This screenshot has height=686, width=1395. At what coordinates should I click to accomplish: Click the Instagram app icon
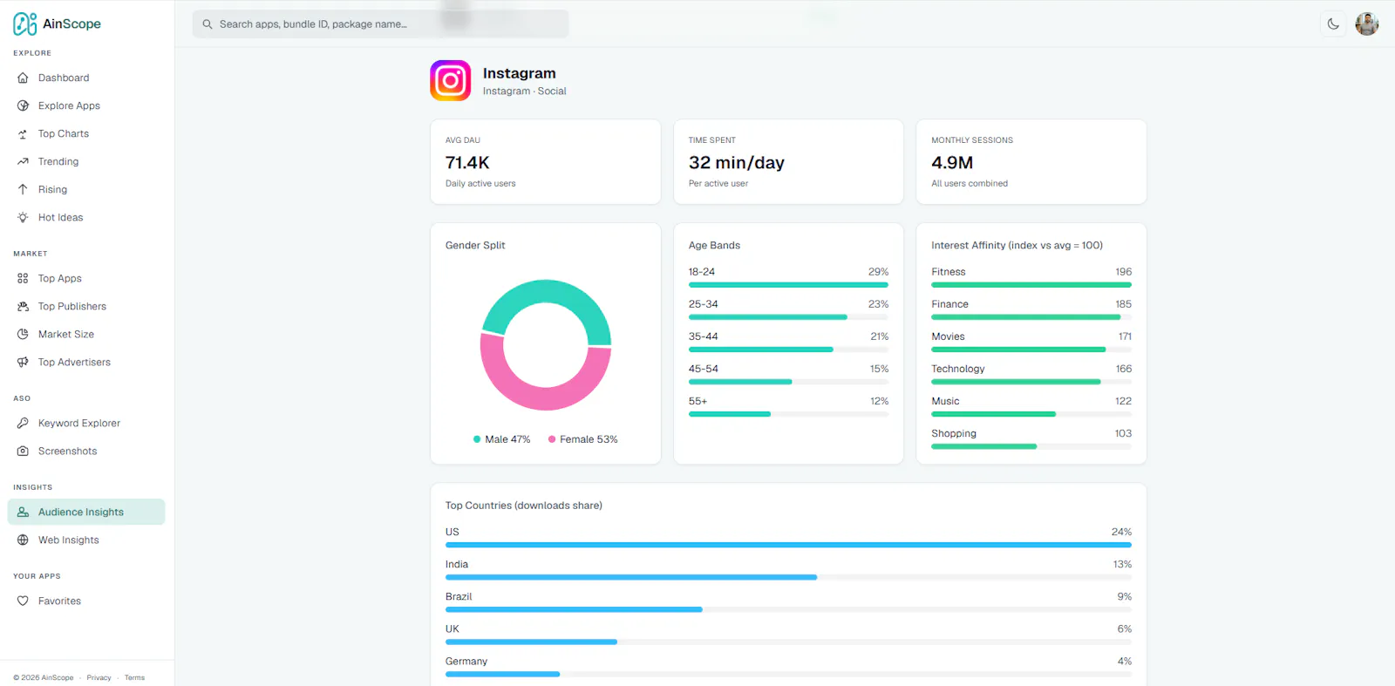[x=450, y=80]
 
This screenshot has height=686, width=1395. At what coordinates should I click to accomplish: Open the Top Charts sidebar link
[x=63, y=133]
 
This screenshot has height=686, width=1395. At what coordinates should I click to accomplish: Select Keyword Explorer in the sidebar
[x=78, y=423]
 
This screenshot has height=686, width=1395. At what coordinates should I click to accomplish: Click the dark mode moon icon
[x=1333, y=24]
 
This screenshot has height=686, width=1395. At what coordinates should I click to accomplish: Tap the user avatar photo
[x=1367, y=24]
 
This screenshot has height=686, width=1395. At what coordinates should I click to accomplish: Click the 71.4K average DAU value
[x=467, y=162]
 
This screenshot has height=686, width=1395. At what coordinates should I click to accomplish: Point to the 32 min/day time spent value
[x=736, y=162]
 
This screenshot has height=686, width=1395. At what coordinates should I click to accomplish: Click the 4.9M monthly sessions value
[x=951, y=162]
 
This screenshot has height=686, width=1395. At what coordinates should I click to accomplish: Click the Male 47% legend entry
[x=502, y=438]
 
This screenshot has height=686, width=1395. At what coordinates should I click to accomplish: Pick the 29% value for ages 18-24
[x=878, y=271]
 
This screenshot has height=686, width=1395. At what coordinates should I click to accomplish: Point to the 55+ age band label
[x=697, y=401]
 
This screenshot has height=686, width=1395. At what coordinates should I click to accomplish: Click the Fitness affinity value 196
[x=1124, y=271]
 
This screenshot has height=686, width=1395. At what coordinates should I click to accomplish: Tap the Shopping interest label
[x=954, y=433]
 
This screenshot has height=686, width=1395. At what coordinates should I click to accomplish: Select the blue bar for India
[x=631, y=577]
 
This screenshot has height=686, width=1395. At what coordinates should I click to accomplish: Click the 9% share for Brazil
[x=1124, y=596]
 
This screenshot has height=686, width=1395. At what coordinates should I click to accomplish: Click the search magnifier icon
[x=208, y=24]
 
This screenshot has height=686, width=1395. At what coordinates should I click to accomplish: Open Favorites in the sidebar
[x=59, y=601]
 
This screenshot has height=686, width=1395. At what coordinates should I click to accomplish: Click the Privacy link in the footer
[x=99, y=677]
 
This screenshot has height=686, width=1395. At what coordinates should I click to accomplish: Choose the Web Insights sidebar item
[x=69, y=540]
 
